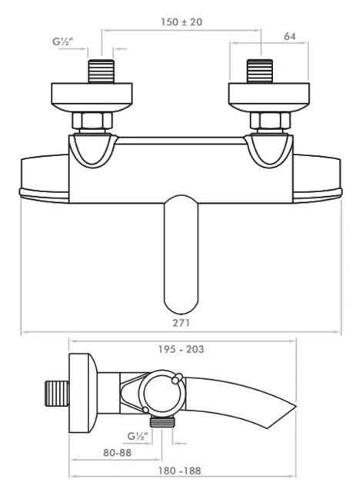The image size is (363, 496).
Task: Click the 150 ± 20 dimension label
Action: tap(181, 22)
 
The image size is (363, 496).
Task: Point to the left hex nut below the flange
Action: tap(93, 121)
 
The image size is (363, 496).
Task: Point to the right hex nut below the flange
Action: tap(268, 121)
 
